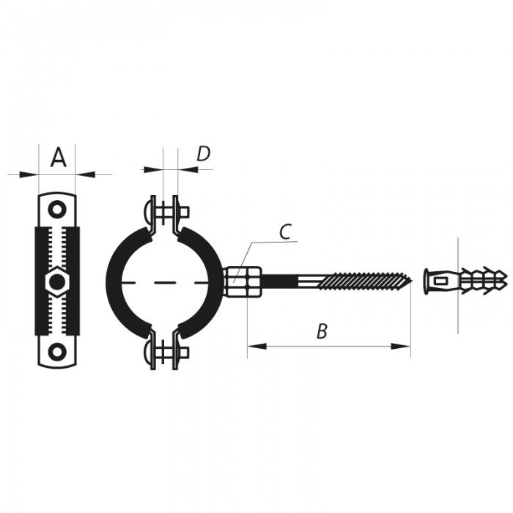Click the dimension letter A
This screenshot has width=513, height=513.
click(58, 157)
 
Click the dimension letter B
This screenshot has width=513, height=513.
click(321, 331)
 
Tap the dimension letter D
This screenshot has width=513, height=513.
click(203, 153)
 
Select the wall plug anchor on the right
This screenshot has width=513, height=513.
click(465, 279)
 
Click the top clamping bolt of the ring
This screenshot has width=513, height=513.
click(166, 213)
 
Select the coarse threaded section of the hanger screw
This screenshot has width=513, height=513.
click(363, 279)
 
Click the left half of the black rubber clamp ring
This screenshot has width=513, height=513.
click(117, 282)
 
